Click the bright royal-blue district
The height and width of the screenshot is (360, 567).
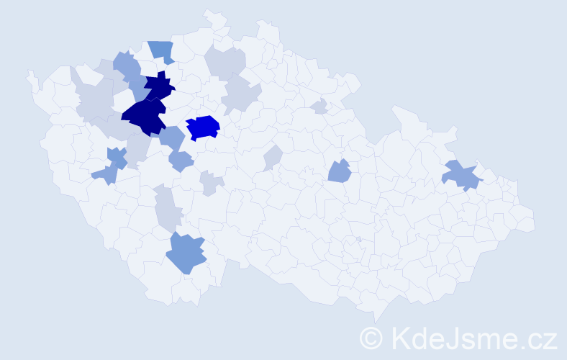(x=203, y=127)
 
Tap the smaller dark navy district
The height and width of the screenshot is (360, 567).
(x=160, y=86)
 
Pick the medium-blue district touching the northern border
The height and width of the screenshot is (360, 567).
(x=162, y=51)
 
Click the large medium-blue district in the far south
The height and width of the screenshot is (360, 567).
(x=186, y=253)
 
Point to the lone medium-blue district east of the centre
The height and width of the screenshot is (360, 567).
(x=339, y=171)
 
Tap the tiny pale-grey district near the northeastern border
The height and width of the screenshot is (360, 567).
(x=319, y=107)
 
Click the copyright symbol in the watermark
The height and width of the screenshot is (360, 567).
(x=372, y=337)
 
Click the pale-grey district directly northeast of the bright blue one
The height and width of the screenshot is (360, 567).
(x=240, y=95)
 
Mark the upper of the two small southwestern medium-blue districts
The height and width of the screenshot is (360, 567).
(x=117, y=156)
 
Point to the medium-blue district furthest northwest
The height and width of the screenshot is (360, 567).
(x=127, y=64)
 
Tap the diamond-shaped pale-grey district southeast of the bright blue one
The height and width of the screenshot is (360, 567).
(x=273, y=157)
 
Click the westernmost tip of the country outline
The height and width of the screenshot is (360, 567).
(x=29, y=73)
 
